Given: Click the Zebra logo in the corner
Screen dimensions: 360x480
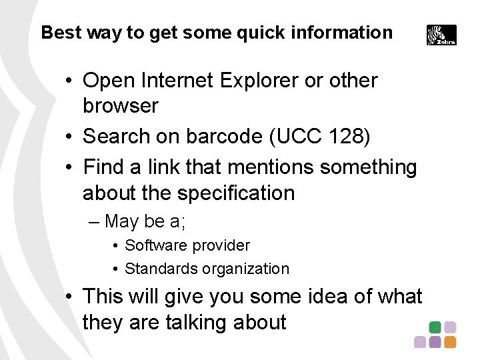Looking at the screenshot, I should pyautogui.click(x=441, y=35).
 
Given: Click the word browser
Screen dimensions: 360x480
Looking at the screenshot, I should pyautogui.click(x=121, y=106).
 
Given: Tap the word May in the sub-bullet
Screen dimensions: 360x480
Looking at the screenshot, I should pyautogui.click(x=121, y=221).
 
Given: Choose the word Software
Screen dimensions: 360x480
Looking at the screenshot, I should pyautogui.click(x=154, y=245).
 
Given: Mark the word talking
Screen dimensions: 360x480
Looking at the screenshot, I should pyautogui.click(x=195, y=323).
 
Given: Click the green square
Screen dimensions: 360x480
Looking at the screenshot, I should pyautogui.click(x=435, y=327).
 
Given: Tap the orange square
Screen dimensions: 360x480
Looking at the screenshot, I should pyautogui.click(x=450, y=342).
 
